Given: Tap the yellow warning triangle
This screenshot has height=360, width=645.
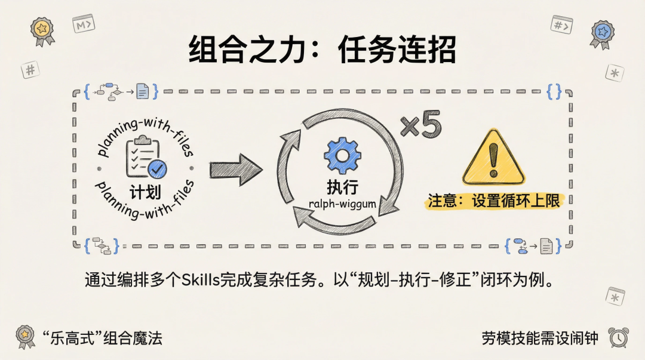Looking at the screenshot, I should [x=493, y=158].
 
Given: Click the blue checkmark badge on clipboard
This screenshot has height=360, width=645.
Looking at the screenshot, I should [x=157, y=169].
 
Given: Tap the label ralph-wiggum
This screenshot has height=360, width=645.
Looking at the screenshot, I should [x=342, y=204].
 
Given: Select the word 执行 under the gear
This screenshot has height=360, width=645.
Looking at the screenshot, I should [x=342, y=187].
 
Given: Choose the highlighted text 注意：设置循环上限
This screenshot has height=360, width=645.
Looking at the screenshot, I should [x=494, y=201].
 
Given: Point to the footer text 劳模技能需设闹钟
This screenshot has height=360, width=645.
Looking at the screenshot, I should [x=540, y=338].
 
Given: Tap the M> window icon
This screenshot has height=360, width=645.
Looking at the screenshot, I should [x=84, y=24].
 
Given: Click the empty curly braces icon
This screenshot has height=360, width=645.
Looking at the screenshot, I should [x=554, y=91].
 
